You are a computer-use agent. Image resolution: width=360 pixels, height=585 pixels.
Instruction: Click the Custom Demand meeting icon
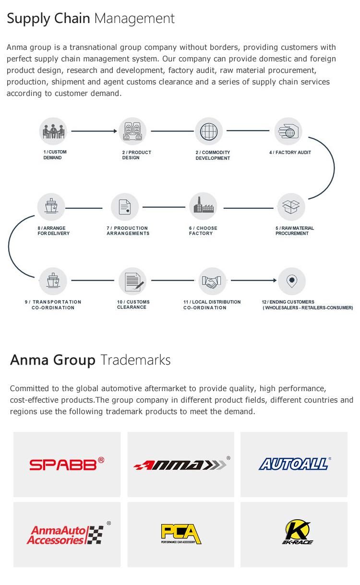(53, 131)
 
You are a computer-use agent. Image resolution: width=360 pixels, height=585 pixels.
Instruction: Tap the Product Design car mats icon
(132, 131)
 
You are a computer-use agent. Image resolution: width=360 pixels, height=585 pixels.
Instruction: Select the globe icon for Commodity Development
(209, 131)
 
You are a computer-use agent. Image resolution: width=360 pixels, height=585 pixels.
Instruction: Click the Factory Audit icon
(288, 131)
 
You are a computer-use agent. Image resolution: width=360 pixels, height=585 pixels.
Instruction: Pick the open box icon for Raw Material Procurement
(291, 207)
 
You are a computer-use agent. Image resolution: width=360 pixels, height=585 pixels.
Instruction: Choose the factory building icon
(203, 206)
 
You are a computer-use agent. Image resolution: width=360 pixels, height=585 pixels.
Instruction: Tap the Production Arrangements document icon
(125, 207)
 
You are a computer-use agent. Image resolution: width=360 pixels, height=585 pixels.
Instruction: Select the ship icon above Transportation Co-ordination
(53, 281)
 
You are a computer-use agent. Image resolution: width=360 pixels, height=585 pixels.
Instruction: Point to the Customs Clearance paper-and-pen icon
(132, 281)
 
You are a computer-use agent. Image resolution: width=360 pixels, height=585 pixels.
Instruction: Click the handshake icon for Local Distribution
(212, 281)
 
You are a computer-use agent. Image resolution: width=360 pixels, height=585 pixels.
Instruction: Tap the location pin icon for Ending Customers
(292, 281)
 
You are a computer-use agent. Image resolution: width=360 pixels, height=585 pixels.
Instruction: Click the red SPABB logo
(67, 464)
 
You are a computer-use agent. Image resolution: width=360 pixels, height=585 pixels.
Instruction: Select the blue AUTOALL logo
(295, 464)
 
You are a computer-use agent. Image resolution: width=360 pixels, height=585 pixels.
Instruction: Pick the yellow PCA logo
(181, 534)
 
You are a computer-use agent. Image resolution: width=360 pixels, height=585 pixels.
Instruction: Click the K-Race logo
(297, 532)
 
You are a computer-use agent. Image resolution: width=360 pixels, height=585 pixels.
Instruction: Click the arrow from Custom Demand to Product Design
(94, 131)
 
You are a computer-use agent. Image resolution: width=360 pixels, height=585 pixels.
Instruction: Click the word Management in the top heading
(134, 19)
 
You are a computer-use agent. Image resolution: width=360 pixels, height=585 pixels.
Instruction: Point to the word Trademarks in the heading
(135, 360)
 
